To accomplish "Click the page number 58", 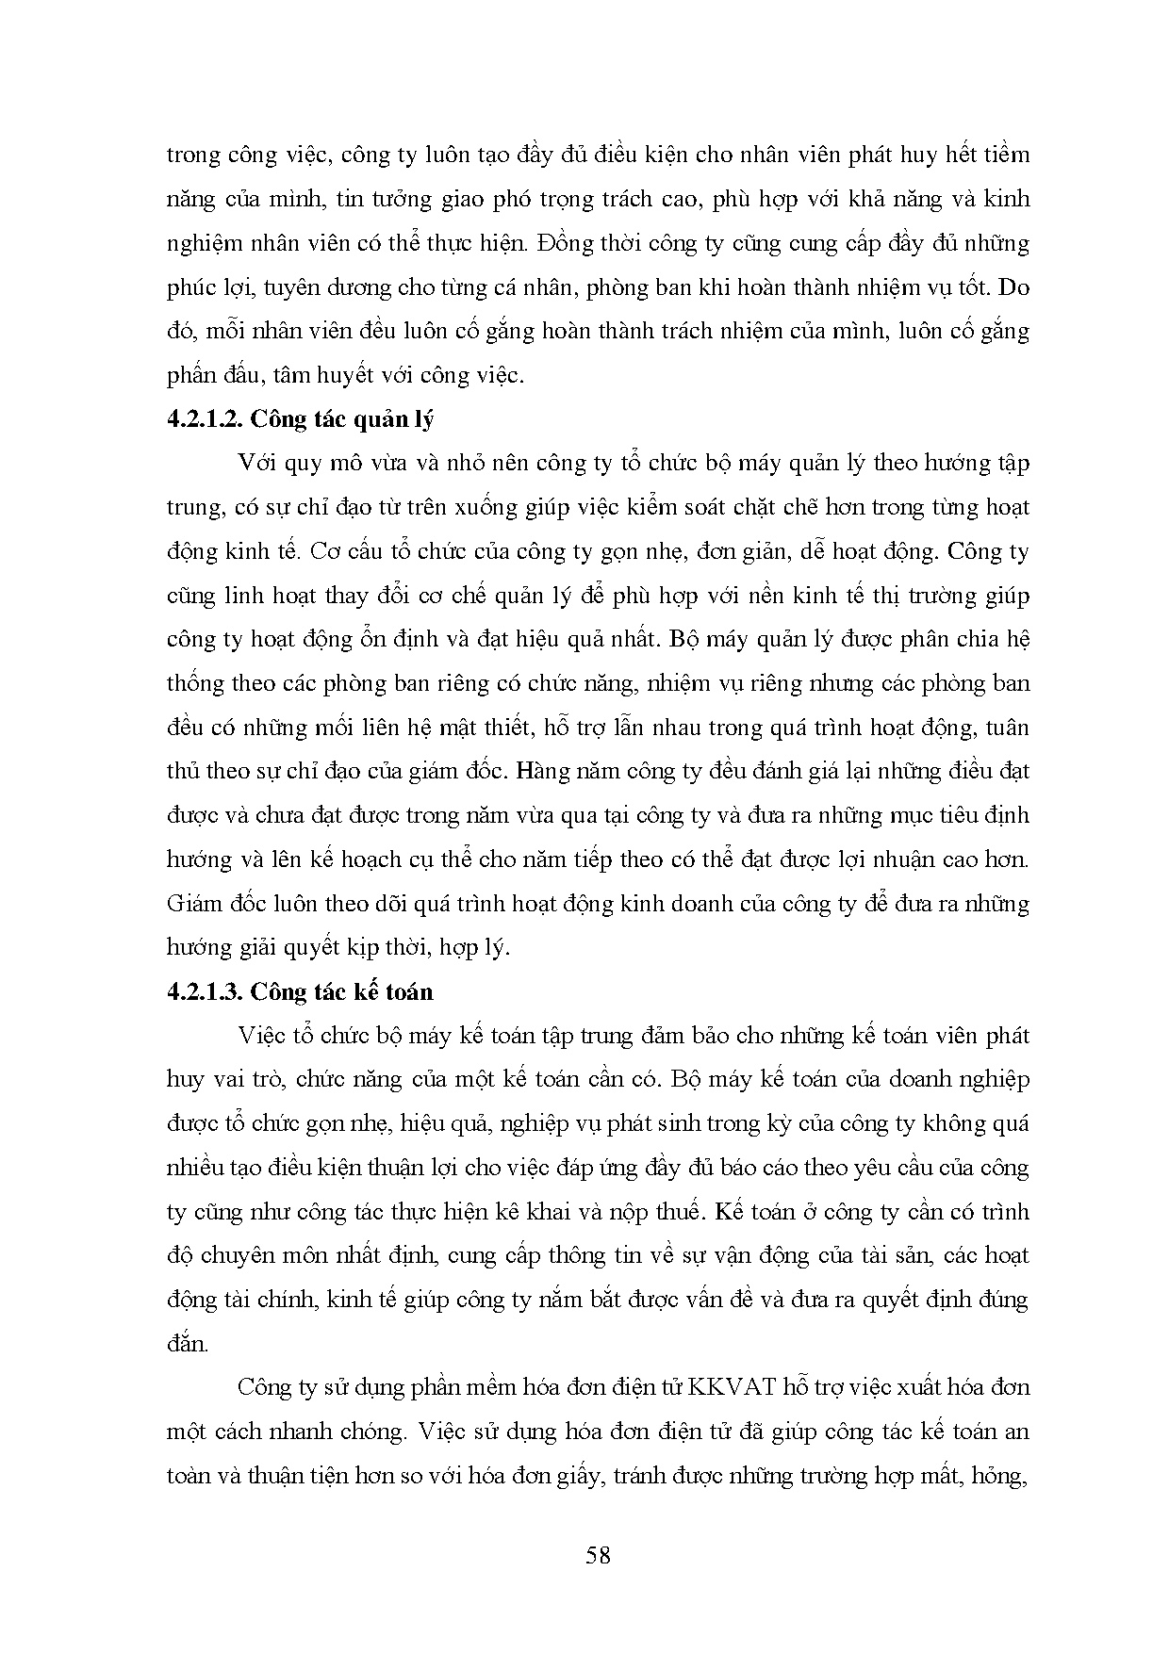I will (598, 1555).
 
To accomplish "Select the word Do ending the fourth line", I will (1013, 287).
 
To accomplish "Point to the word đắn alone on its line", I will (186, 1344).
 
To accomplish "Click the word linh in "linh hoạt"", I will (237, 596).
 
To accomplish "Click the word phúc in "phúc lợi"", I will (191, 287).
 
